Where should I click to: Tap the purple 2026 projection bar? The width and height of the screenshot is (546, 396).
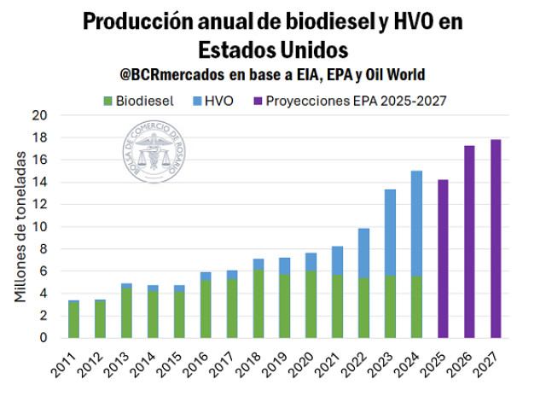pyautogui.click(x=469, y=242)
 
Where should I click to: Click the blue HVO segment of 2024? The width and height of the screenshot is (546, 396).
pyautogui.click(x=416, y=224)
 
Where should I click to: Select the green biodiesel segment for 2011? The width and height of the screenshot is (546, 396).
pyautogui.click(x=73, y=320)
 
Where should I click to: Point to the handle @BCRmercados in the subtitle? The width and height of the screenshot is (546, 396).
pyautogui.click(x=170, y=75)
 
